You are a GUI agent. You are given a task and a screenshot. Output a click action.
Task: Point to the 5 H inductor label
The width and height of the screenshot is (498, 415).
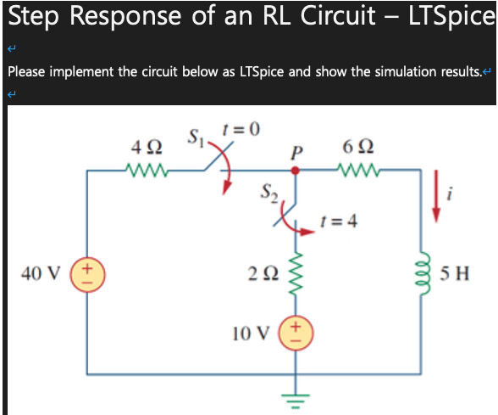coord(462,273)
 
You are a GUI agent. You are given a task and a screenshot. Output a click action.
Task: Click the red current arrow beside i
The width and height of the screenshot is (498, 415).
coord(437,194)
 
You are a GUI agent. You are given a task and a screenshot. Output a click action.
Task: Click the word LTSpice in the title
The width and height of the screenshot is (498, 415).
coord(452,17)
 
